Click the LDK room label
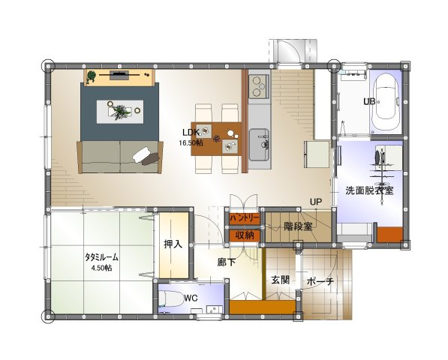pyautogui.click(x=191, y=133)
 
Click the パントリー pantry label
pyautogui.click(x=245, y=219)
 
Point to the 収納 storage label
pyautogui.click(x=245, y=235)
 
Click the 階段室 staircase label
pyautogui.click(x=298, y=226)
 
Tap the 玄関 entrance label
pyautogui.click(x=281, y=280)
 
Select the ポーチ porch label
pyautogui.click(x=320, y=282)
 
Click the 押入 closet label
pyautogui.click(x=173, y=244)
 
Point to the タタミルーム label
pyautogui.click(x=102, y=257)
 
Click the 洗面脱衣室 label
pyautogui.click(x=369, y=190)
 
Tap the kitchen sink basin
pyautogui.click(x=259, y=145)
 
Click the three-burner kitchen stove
pyautogui.click(x=259, y=86)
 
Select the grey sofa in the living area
pyautogui.click(x=120, y=157)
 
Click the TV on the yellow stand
pyautogui.click(x=119, y=75)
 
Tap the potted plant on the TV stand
pyautogui.click(x=91, y=76)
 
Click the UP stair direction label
pyautogui.click(x=316, y=202)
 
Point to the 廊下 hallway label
pyautogui.click(x=227, y=262)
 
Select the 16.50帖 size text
pyautogui.click(x=191, y=142)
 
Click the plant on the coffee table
pyautogui.click(x=120, y=111)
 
